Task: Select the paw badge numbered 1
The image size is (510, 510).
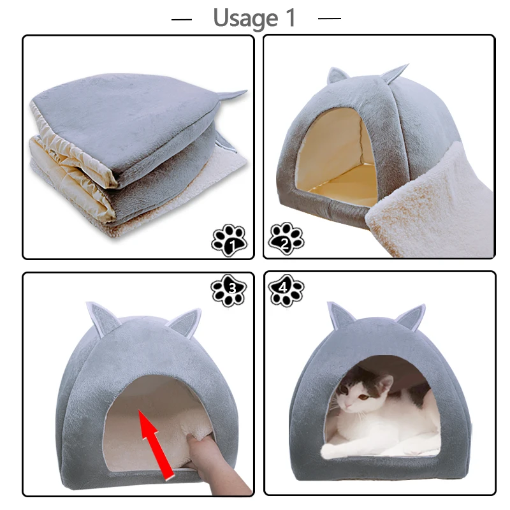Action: [x=228, y=240]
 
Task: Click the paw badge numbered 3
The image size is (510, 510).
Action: [x=228, y=289]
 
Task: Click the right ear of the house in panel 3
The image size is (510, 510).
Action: [x=186, y=321]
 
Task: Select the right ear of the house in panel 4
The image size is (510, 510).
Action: [x=409, y=317]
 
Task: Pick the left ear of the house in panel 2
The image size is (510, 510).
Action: [x=337, y=76]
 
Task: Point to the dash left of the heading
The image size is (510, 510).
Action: [x=182, y=19]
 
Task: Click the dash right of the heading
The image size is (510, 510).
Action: [x=330, y=18]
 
